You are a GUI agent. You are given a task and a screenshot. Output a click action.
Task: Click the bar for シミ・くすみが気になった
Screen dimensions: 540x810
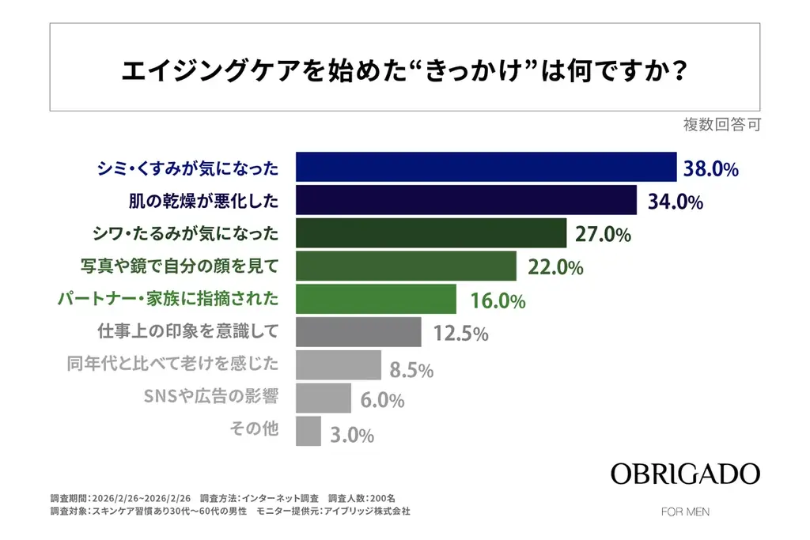tap(486, 168)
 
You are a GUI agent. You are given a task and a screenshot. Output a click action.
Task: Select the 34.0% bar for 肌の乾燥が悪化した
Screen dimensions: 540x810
tap(466, 201)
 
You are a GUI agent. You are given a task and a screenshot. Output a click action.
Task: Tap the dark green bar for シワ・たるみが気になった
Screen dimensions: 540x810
tap(430, 234)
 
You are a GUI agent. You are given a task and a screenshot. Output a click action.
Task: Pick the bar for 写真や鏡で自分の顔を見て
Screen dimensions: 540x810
tap(405, 267)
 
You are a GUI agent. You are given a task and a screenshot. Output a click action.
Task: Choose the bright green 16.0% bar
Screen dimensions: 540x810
tap(376, 300)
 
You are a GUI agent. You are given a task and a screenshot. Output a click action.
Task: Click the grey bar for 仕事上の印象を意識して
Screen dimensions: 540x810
tap(358, 333)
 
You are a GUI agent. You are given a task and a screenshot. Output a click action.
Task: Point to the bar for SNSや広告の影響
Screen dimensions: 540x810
tap(323, 398)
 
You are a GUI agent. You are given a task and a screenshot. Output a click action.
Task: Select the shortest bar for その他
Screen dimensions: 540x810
tap(308, 432)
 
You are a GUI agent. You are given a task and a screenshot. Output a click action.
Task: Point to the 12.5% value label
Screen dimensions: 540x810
tap(460, 334)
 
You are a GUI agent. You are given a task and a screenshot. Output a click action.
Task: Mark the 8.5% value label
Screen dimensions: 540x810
tap(411, 368)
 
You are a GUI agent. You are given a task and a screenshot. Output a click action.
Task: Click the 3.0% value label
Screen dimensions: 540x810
tap(353, 435)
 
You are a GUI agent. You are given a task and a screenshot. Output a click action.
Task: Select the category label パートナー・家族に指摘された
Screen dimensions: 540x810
tap(168, 300)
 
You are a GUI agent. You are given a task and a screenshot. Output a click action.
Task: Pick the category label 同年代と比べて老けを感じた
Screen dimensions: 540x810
tap(173, 365)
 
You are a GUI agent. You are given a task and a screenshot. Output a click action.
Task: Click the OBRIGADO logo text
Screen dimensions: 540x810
tap(685, 474)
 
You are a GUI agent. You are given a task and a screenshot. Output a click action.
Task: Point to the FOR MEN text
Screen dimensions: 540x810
tap(685, 512)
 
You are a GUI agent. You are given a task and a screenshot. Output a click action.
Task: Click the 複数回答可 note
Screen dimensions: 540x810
tap(721, 125)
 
